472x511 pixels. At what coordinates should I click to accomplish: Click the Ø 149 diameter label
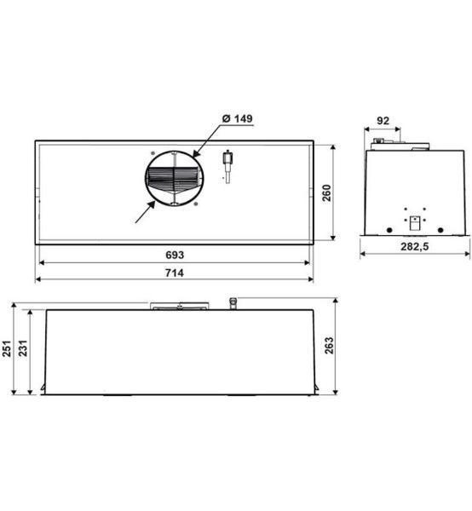click(238, 118)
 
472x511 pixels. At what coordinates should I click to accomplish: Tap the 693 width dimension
click(175, 255)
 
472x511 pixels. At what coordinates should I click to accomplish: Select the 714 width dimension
click(175, 273)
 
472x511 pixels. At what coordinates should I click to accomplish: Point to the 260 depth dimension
click(326, 193)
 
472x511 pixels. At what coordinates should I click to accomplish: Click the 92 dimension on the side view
click(383, 121)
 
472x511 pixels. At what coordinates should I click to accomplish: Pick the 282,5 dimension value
click(414, 247)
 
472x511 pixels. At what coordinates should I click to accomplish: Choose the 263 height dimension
click(329, 346)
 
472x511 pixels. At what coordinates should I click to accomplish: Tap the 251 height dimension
click(7, 348)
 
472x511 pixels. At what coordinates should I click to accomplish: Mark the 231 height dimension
click(23, 348)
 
